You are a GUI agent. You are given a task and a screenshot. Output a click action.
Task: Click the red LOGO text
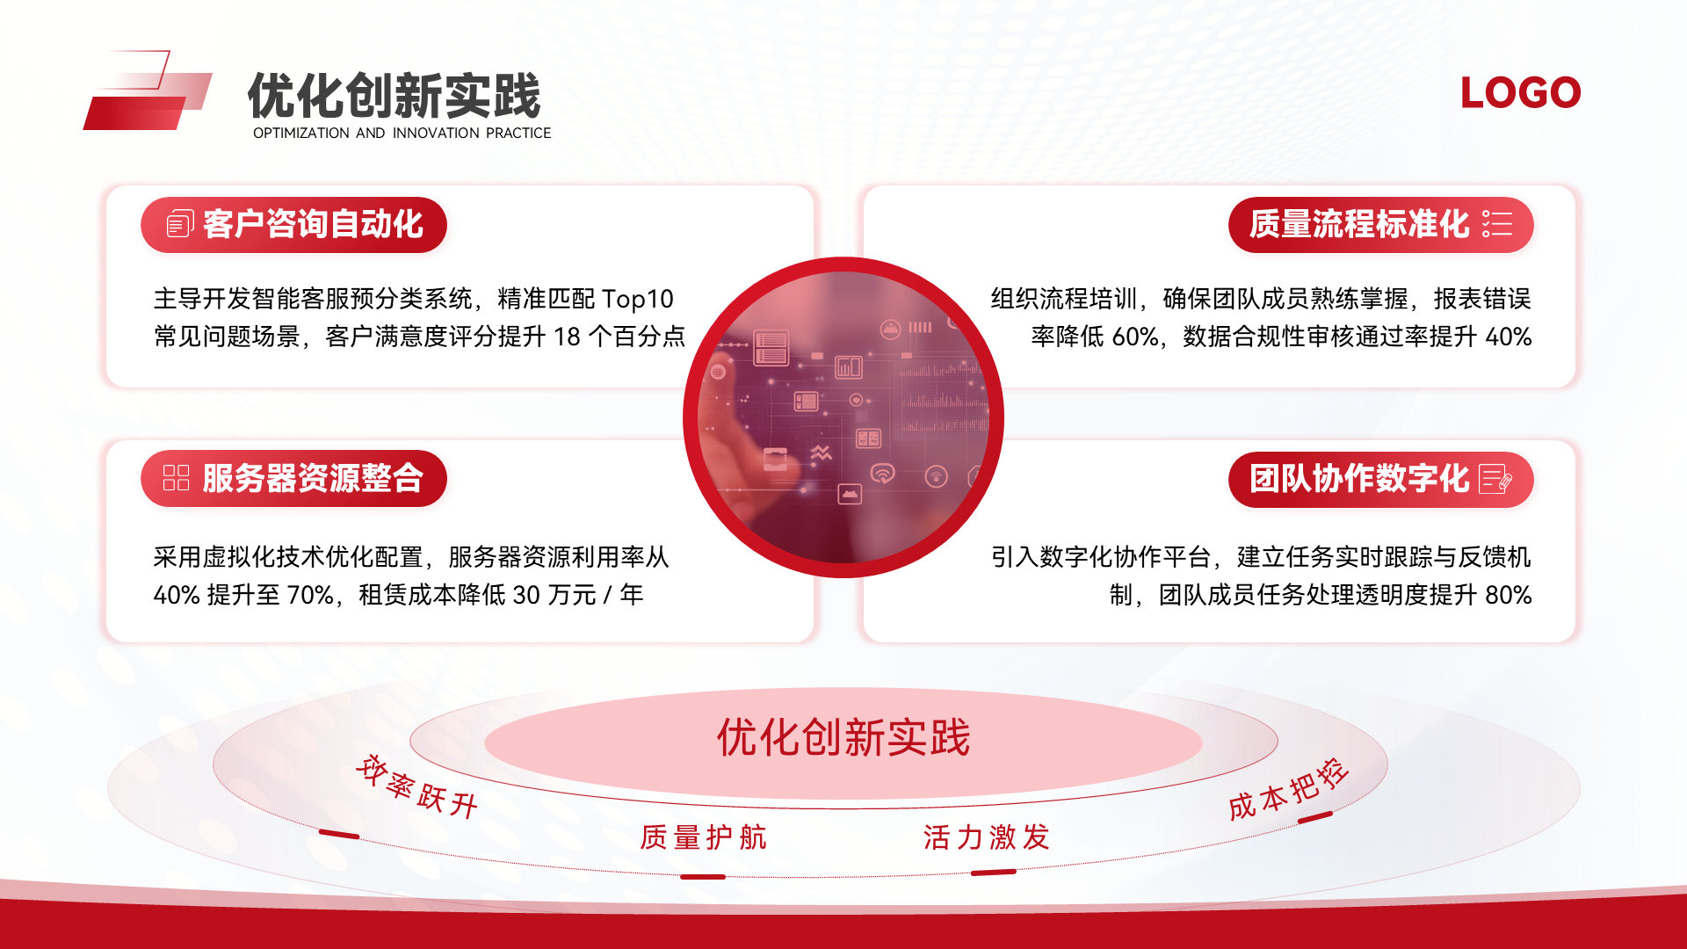[x=1520, y=93]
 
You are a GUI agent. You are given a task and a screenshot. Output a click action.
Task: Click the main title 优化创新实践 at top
[x=395, y=96]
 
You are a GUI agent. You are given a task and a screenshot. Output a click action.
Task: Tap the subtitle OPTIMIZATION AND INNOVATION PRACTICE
[x=402, y=134]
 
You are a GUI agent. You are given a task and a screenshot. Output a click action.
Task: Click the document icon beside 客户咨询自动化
[x=180, y=224]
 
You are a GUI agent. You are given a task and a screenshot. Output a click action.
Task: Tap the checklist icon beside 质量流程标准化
[x=1497, y=223]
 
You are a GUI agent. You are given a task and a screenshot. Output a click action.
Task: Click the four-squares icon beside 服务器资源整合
[x=176, y=478]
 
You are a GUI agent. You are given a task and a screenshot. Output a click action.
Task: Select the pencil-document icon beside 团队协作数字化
[x=1495, y=479]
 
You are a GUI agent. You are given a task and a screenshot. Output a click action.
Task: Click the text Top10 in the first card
[x=637, y=300]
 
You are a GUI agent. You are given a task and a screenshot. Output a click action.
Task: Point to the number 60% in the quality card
[x=1134, y=337]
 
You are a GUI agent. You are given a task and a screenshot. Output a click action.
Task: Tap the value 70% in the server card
[x=310, y=595]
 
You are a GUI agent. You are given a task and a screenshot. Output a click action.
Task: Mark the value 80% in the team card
[x=1509, y=595]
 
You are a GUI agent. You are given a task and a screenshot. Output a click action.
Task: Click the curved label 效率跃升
[x=416, y=786]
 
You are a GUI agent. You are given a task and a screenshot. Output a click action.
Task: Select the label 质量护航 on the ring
[x=703, y=837]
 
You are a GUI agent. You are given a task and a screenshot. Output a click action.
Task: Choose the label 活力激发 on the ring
[x=987, y=837]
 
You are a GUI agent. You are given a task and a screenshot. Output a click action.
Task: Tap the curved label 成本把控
[x=1288, y=789]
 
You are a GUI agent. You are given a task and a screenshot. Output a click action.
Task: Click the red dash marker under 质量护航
[x=703, y=877]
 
